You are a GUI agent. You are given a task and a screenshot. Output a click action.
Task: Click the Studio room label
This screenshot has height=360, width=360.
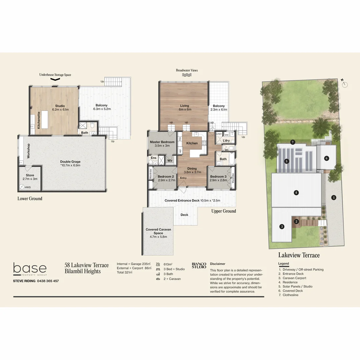pyautogui.click(x=60, y=106)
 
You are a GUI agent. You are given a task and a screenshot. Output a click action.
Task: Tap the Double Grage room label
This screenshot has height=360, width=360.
pyautogui.click(x=70, y=162)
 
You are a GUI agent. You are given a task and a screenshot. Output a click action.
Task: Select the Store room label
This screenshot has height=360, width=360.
pyautogui.click(x=30, y=175)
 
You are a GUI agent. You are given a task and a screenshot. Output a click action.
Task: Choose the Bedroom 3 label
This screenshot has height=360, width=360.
pyautogui.click(x=218, y=176)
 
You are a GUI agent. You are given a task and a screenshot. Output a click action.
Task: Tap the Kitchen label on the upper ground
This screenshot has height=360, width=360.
pyautogui.click(x=192, y=143)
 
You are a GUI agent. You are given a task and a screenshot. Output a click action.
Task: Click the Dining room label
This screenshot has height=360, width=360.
pyautogui.click(x=192, y=169)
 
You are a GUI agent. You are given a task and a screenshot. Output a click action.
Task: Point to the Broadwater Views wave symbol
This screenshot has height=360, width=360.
pyautogui.click(x=187, y=76)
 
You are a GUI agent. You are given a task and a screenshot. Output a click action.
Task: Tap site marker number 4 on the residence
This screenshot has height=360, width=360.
pyautogui.click(x=296, y=192)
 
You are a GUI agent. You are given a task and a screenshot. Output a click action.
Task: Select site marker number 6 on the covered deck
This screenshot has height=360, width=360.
pyautogui.click(x=327, y=158)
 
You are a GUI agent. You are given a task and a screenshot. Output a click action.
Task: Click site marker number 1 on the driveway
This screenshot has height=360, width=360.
pyautogui.click(x=334, y=197)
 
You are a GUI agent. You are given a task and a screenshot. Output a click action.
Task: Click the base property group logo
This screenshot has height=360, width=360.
pyautogui.click(x=30, y=269)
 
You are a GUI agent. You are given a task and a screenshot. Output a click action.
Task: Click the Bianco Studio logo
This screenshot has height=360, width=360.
pyautogui.click(x=199, y=265)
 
